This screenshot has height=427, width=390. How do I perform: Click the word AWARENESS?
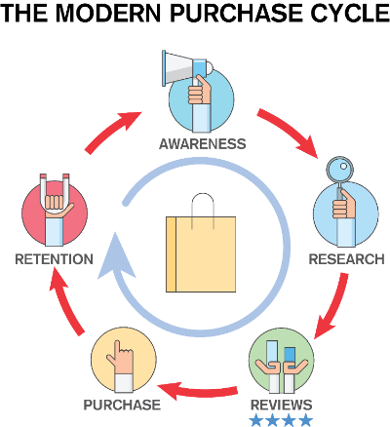[x=203, y=144]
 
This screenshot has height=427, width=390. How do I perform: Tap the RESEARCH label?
[x=347, y=259]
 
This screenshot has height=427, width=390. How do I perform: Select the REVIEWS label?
[x=282, y=405]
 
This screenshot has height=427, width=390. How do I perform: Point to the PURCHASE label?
[x=122, y=405]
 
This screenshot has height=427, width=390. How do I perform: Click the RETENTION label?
[x=55, y=259]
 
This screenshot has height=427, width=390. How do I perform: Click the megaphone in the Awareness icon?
[x=187, y=68]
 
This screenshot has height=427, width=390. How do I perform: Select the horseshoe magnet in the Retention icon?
[x=55, y=193]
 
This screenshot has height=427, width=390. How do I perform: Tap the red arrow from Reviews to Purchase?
[x=198, y=391]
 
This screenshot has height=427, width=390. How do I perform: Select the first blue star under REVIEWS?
[x=257, y=420]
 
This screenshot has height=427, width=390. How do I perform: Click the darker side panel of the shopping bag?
[x=171, y=254]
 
